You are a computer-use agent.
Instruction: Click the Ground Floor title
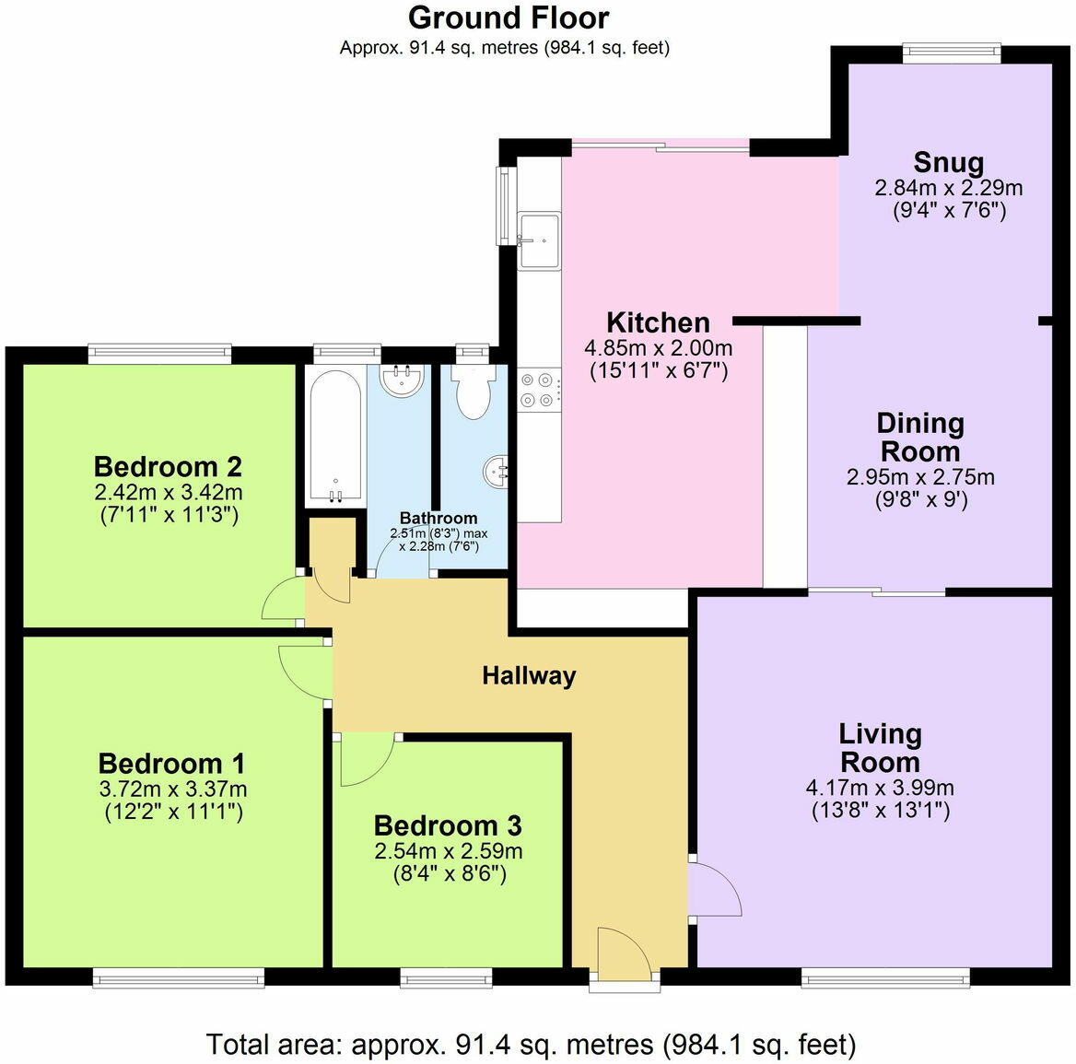[508, 18]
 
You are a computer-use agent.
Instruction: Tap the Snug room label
[948, 163]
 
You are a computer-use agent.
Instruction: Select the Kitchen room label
[658, 322]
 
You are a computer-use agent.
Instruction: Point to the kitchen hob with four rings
[539, 388]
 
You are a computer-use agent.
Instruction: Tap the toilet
[474, 392]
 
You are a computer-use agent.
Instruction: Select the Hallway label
[529, 676]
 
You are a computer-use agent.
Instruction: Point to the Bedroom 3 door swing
[366, 759]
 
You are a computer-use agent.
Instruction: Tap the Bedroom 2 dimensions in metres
[169, 492]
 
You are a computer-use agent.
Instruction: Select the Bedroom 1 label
[171, 764]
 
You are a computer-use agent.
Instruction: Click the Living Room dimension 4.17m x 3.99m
[880, 789]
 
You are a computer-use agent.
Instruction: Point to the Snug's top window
[952, 54]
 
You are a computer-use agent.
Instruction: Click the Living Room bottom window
[884, 976]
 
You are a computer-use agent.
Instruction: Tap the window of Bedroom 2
[159, 354]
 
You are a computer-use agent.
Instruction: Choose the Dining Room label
[919, 438]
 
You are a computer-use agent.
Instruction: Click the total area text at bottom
[531, 1045]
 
